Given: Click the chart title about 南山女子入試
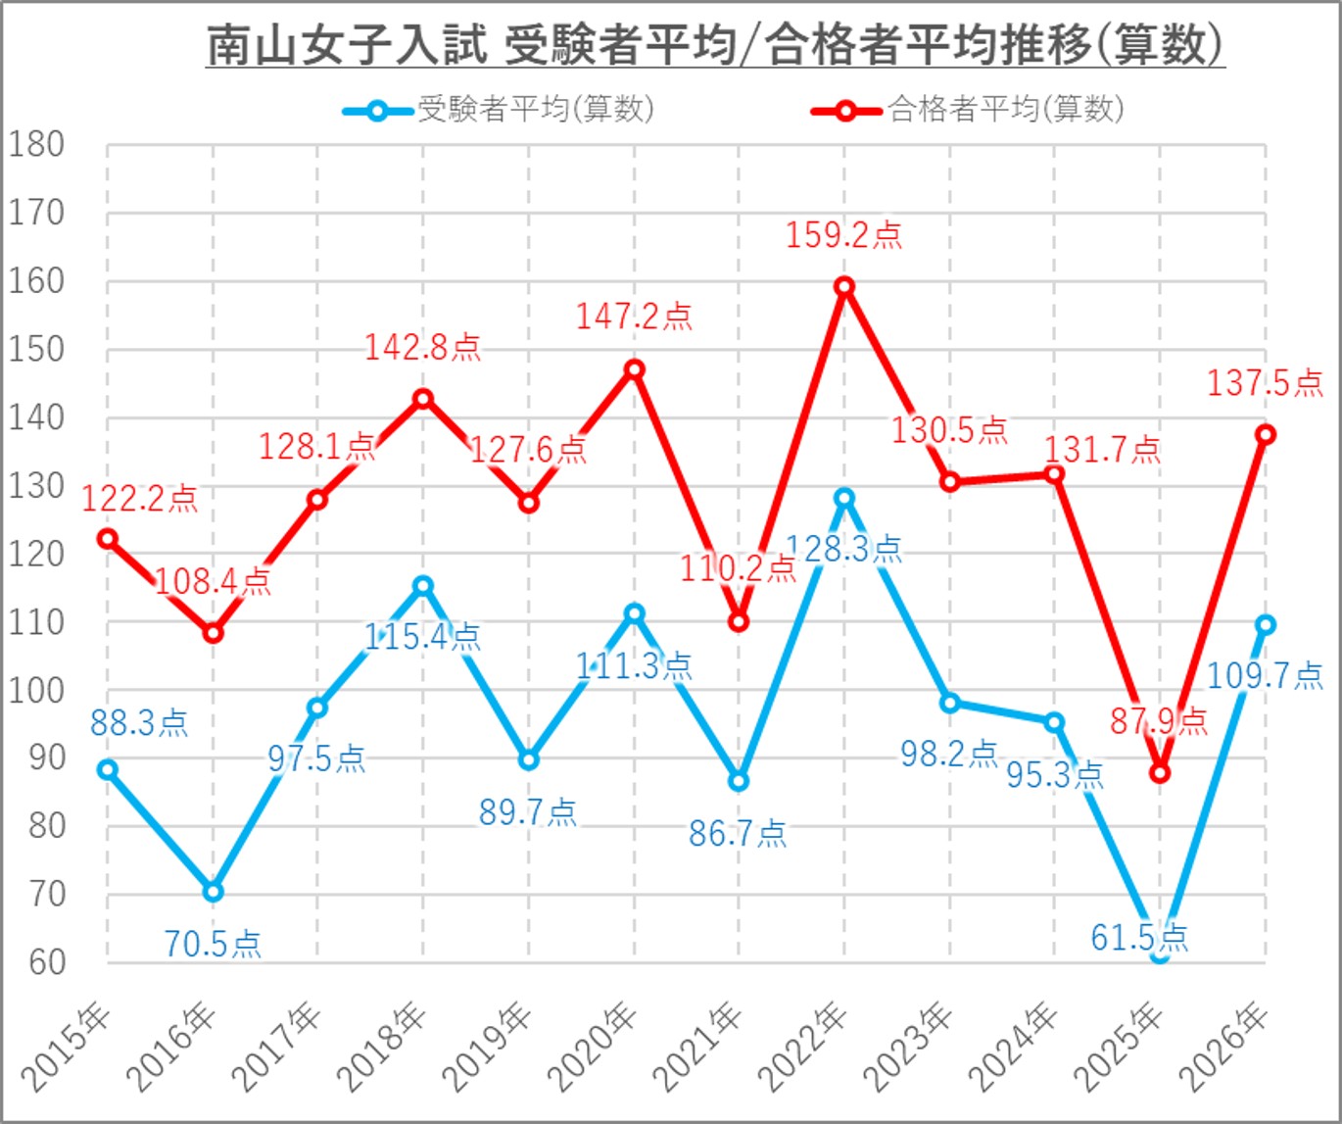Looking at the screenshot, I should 715,45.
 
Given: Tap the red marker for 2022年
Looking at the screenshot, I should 844,286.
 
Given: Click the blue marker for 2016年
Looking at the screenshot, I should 213,891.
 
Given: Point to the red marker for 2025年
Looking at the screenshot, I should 1160,773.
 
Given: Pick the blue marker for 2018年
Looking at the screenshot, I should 423,585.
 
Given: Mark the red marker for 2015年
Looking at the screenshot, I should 108,538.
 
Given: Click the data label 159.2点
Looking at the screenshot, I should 843,235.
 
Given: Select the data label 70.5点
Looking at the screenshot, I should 213,944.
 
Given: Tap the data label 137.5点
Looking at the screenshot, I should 1264,382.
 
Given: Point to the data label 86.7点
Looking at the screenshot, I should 738,833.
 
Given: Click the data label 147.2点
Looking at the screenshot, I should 634,316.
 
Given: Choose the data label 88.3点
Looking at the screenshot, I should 139,723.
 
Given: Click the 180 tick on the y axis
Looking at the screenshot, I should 36,145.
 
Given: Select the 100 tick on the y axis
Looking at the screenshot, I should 36,690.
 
